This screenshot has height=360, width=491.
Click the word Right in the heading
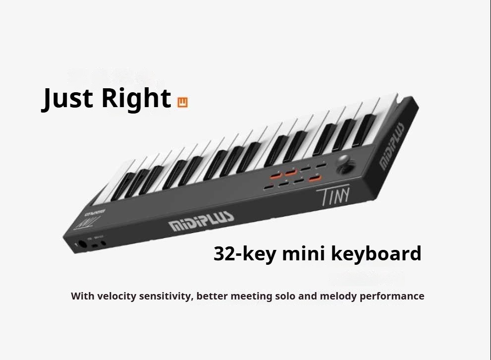[x=136, y=98]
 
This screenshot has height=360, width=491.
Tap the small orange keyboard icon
[x=183, y=103]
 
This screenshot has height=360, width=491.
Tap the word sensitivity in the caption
[x=167, y=296]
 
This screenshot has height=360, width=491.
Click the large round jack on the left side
[x=82, y=245]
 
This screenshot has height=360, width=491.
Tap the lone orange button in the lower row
[x=314, y=178]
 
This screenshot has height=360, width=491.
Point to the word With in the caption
[x=82, y=296]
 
